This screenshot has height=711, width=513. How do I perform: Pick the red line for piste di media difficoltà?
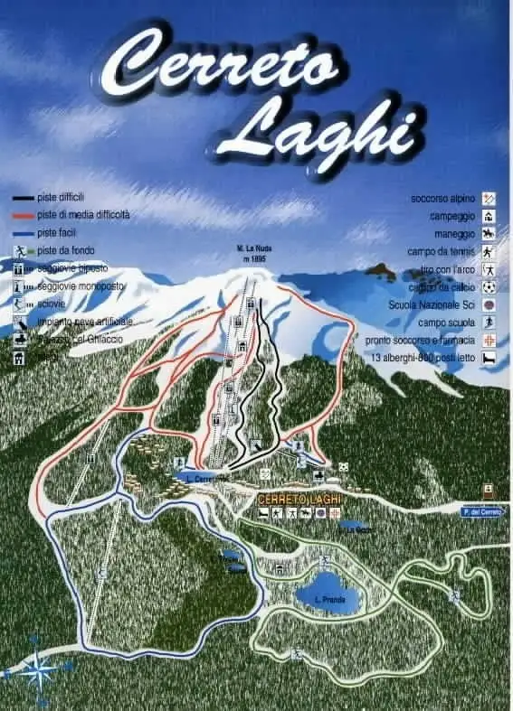(24, 215)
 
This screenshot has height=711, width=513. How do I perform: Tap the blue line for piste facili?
(24, 232)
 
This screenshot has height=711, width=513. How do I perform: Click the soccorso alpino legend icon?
(489, 198)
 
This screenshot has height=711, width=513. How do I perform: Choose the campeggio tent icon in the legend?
(489, 216)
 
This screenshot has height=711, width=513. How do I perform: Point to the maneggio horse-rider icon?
(489, 233)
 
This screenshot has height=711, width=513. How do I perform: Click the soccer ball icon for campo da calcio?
(489, 287)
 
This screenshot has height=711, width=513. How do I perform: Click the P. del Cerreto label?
(480, 512)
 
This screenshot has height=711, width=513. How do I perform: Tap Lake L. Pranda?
(327, 599)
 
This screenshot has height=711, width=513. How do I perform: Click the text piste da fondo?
(66, 250)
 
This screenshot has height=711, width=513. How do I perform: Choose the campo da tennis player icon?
(489, 251)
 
